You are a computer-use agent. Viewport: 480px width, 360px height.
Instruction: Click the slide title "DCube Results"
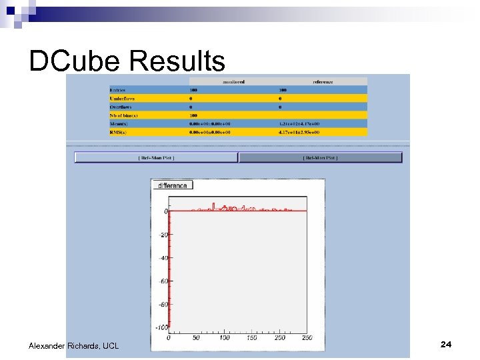[x=127, y=61]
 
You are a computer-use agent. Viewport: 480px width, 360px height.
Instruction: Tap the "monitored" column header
[x=233, y=81]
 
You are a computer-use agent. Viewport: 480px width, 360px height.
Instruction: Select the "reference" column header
[x=323, y=81]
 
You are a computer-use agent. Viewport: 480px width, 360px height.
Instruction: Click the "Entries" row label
[x=118, y=90]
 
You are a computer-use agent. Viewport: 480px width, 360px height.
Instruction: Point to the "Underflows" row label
[x=122, y=99]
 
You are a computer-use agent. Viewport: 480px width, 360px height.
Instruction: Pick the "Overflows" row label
[x=121, y=107]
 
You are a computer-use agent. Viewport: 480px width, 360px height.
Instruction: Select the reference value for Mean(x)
[x=299, y=123]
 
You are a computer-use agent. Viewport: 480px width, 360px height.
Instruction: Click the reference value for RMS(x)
[x=299, y=132]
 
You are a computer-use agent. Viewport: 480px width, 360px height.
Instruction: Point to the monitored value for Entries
[x=193, y=90]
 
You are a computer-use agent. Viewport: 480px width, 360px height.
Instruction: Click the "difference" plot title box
[x=173, y=185]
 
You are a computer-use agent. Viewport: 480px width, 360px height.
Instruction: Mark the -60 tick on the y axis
[x=163, y=281]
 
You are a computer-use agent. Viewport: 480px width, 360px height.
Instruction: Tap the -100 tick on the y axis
[x=161, y=328]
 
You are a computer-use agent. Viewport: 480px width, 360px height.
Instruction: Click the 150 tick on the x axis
[x=251, y=338]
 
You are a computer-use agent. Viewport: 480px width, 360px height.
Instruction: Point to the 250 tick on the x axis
[x=307, y=338]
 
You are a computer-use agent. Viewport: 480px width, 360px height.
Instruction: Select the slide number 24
[x=446, y=344]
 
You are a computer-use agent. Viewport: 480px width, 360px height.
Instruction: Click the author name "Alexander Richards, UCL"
[x=73, y=345]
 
